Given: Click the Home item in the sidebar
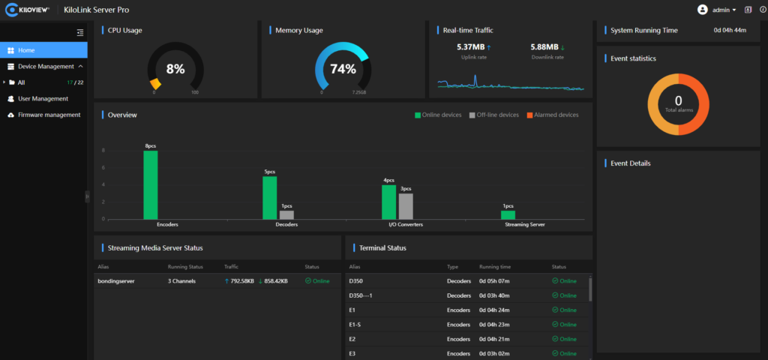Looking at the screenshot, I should click(x=26, y=50).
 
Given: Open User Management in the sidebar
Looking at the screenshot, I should click(x=43, y=98).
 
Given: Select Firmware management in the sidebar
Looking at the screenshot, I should click(x=49, y=115).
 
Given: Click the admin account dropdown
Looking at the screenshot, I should click(x=716, y=10).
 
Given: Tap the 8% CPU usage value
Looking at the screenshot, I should click(x=175, y=69).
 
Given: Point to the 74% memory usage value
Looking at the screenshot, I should click(x=343, y=69).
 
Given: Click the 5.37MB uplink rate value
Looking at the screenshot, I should click(x=470, y=47).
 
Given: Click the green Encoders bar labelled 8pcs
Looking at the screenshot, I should click(x=151, y=184).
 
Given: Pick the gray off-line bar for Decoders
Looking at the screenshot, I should click(x=286, y=214).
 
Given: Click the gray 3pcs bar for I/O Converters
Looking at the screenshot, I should click(x=406, y=205).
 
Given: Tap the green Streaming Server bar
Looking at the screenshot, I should click(x=508, y=214).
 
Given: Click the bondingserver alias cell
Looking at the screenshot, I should click(x=116, y=281).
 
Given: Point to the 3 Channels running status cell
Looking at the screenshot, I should click(x=183, y=281).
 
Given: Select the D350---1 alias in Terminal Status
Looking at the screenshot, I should click(x=361, y=295).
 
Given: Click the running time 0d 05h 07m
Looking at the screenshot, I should click(x=494, y=281).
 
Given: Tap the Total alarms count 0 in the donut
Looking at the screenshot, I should click(x=678, y=100).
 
